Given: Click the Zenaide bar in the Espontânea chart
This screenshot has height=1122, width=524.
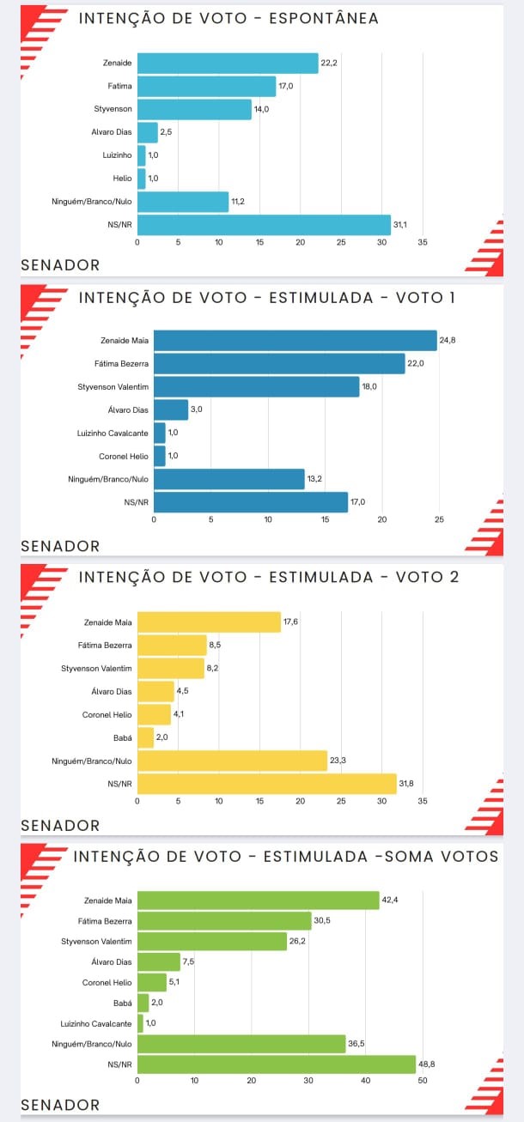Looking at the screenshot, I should point(228,63).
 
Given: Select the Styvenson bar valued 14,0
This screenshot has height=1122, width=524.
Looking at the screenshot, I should point(194,109).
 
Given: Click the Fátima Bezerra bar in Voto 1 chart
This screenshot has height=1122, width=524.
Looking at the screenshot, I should point(279,364).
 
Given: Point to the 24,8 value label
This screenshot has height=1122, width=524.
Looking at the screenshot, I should point(447,341).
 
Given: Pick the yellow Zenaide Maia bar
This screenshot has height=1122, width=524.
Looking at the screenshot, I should point(209,622).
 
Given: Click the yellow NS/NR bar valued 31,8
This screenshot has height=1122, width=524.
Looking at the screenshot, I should point(267,784).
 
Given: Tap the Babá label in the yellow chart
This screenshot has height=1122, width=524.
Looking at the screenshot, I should point(123,737).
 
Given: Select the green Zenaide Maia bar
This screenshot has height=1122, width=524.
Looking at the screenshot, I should point(258,900).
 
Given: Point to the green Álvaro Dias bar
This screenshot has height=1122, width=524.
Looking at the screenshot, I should point(159,961).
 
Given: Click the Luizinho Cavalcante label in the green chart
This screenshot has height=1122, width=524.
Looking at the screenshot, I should point(96,1023).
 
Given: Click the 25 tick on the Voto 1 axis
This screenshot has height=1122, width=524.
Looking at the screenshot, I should point(439,519).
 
